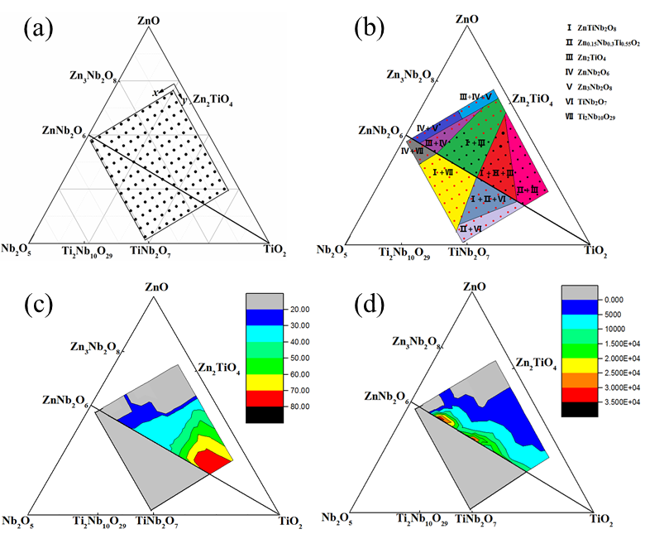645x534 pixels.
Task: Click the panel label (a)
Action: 40,31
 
